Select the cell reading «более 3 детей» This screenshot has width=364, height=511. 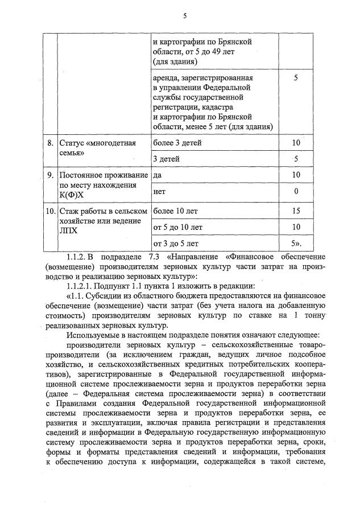[x=177, y=143]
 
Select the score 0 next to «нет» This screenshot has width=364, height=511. [x=296, y=192]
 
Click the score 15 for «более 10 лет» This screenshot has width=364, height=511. [x=296, y=211]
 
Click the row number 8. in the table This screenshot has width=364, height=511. [x=51, y=143]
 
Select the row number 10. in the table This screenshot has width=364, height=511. [x=49, y=211]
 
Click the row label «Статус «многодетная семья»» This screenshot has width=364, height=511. [x=97, y=148]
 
